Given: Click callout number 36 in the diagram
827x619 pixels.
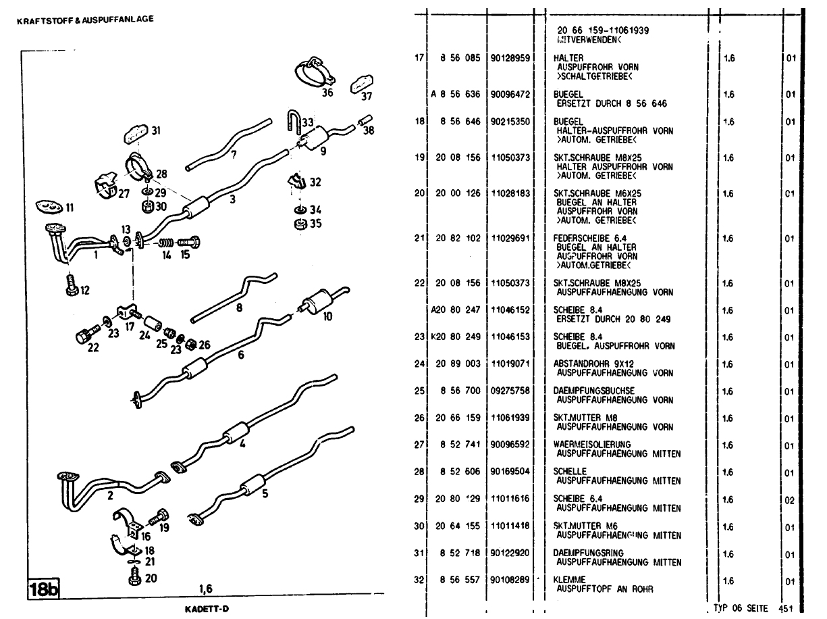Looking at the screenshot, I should pos(327,93).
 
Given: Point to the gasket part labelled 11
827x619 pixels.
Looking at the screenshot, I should pos(47,205).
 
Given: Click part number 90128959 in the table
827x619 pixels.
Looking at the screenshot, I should pos(511,59).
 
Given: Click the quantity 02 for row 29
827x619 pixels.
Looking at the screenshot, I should pos(791,500).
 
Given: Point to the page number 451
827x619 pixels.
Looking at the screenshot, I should pos(785,608).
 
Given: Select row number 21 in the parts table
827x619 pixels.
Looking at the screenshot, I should pos(419,238).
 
